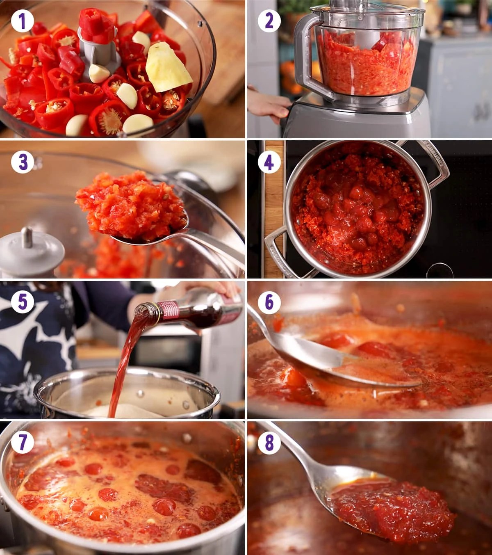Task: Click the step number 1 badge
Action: [23, 22]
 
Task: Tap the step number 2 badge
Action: [269, 21]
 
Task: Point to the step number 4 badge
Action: [269, 163]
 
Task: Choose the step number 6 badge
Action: [269, 302]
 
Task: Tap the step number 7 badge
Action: [23, 442]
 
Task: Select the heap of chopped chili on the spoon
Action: [132, 206]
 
